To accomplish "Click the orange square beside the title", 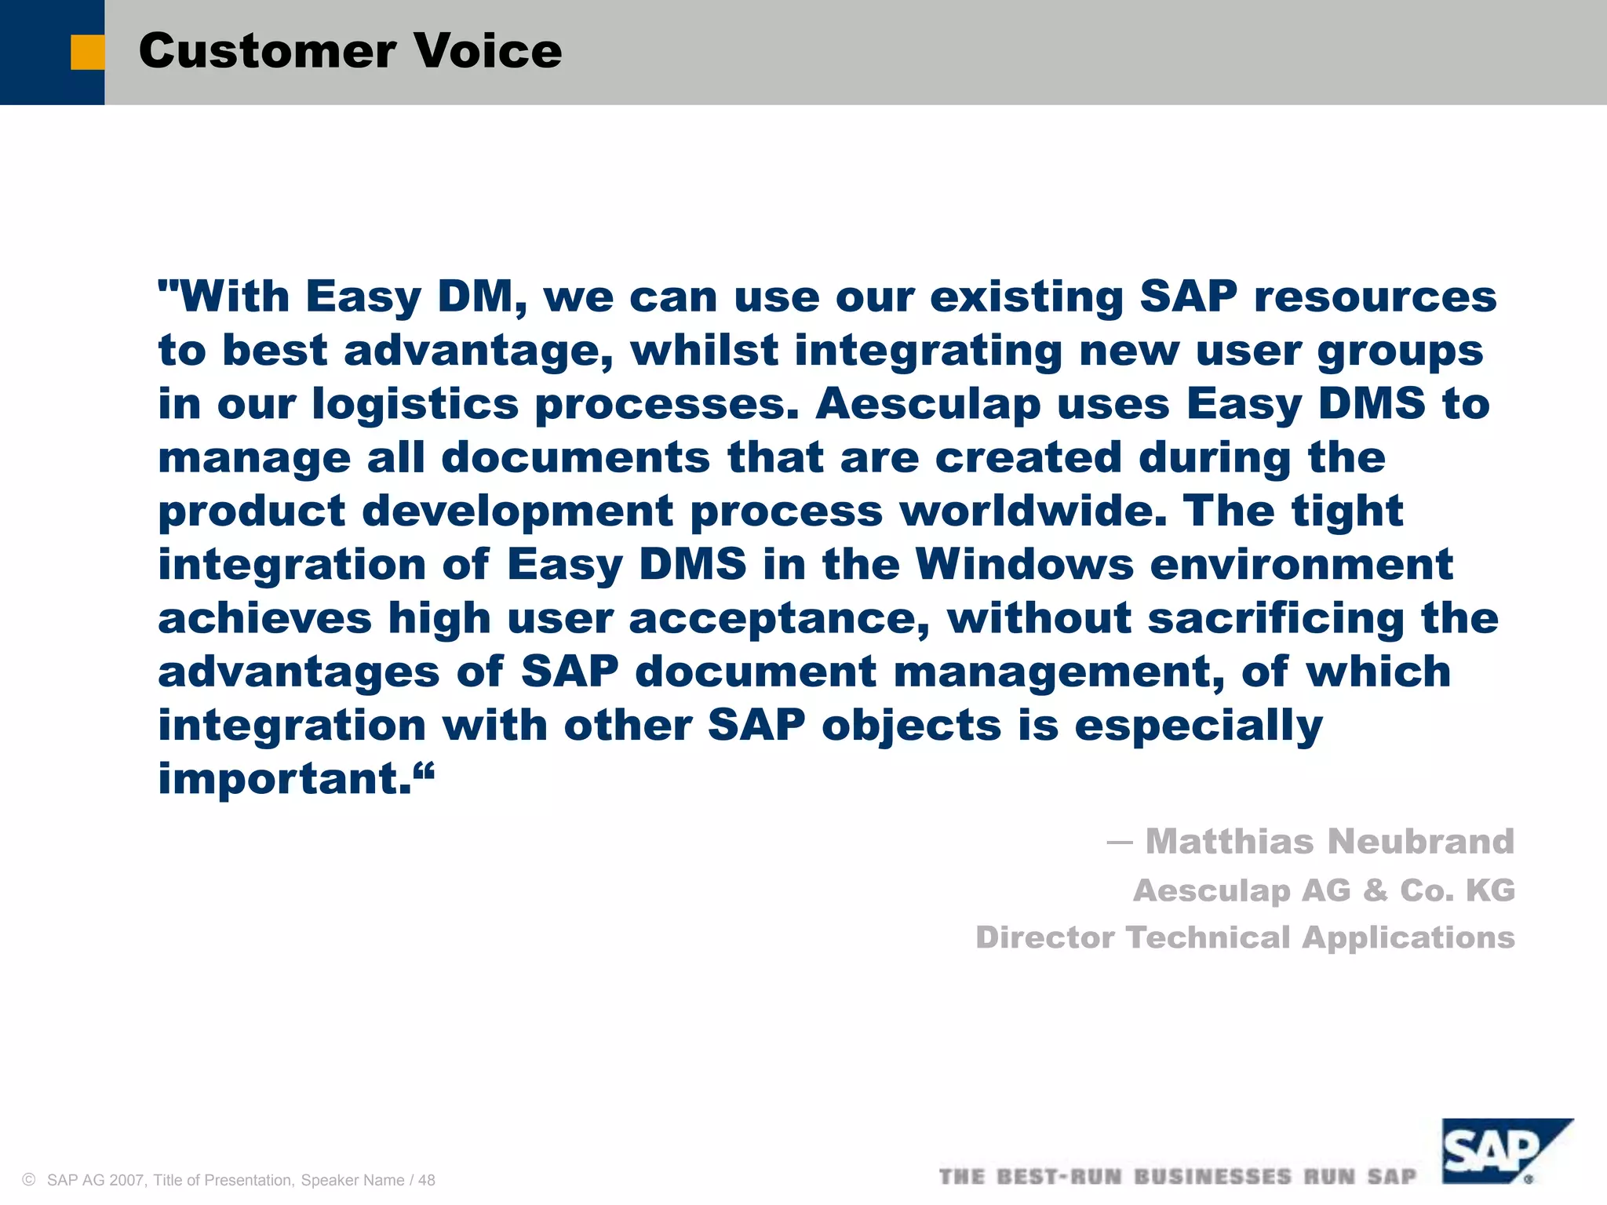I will (87, 53).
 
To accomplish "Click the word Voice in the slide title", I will (487, 51).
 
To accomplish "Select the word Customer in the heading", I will (267, 51).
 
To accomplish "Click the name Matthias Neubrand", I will (1329, 842).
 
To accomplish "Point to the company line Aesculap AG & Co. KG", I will (1324, 890).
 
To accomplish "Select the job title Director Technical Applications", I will (1244, 937).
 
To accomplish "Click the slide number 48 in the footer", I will (427, 1181).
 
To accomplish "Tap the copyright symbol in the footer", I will (30, 1180).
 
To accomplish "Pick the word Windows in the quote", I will (1024, 564).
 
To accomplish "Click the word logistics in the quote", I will (415, 404).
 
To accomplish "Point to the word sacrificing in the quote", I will (1276, 618).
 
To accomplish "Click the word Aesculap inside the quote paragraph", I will (927, 404).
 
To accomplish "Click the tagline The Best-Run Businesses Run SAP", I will (1177, 1177).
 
